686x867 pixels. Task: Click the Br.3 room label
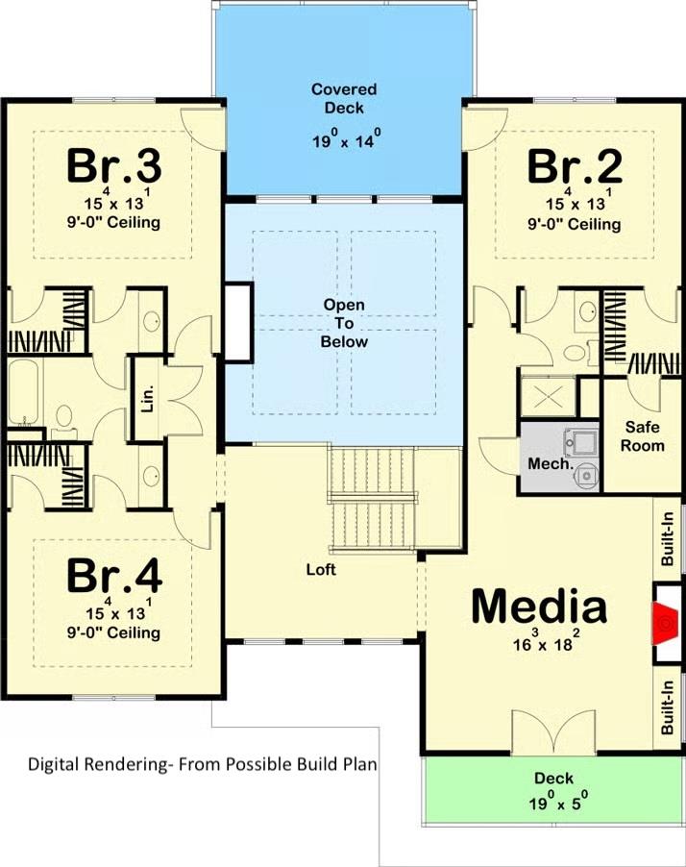(112, 165)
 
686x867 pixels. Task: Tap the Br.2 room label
(575, 165)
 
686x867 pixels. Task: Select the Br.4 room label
(112, 576)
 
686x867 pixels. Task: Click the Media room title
(538, 607)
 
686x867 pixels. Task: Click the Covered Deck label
(343, 98)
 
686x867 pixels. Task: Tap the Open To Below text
(344, 322)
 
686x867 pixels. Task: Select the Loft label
(321, 569)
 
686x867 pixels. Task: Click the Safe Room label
(643, 436)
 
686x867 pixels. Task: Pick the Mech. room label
(551, 464)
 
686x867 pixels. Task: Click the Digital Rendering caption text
(202, 765)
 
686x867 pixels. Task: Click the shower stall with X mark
(547, 395)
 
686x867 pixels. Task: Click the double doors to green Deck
(553, 735)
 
